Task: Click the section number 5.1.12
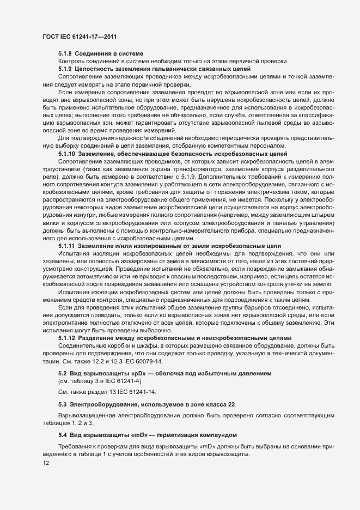coord(66,338)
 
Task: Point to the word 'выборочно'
coord(144,330)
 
